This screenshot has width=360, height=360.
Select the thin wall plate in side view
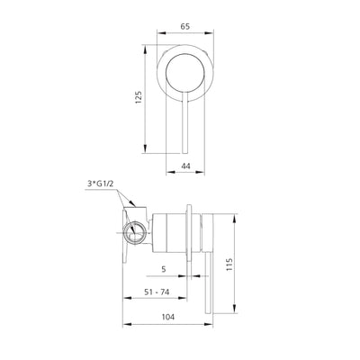(x=191, y=235)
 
